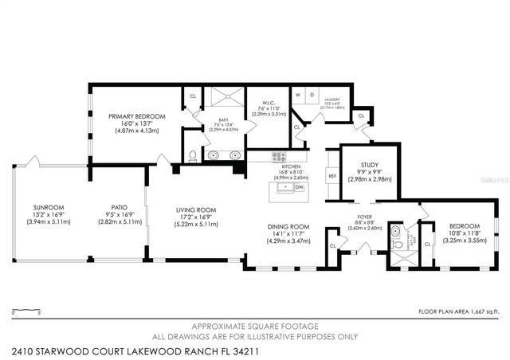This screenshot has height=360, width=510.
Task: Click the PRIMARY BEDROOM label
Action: pos(137,116)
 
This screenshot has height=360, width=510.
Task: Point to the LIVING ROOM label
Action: pos(196,210)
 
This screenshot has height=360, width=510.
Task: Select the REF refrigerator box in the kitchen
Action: pos(332,175)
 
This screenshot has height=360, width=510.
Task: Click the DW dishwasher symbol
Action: pos(300,188)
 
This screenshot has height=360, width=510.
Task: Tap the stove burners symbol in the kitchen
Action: pos(278,157)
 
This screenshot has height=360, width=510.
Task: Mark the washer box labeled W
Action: pos(297,94)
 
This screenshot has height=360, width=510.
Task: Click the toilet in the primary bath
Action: pos(192,155)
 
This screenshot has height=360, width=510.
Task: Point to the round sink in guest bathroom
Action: pos(396,233)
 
